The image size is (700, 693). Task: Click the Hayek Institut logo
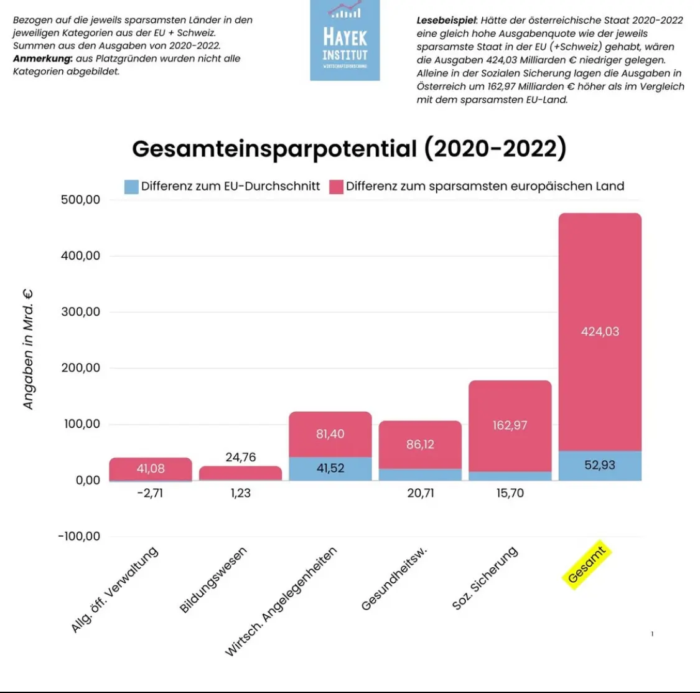tap(345, 40)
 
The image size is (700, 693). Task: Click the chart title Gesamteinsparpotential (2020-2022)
tap(349, 149)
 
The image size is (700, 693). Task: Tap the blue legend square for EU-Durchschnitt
tap(131, 186)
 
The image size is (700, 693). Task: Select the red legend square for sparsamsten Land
tap(336, 186)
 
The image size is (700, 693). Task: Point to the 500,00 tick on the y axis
tap(80, 200)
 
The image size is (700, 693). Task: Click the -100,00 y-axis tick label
tap(79, 536)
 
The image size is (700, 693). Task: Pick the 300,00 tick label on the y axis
tap(80, 312)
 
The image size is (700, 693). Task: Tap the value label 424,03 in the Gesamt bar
tap(600, 332)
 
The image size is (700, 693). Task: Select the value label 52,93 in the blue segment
tap(600, 465)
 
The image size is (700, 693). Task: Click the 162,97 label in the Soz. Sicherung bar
tap(510, 425)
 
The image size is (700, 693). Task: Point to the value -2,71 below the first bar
tap(150, 493)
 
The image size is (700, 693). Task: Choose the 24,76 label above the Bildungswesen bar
tap(241, 458)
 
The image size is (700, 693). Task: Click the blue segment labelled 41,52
tap(330, 468)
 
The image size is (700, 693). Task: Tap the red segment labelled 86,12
tap(420, 445)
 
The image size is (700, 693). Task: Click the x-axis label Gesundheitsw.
tap(394, 580)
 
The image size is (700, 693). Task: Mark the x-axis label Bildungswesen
tap(213, 580)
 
